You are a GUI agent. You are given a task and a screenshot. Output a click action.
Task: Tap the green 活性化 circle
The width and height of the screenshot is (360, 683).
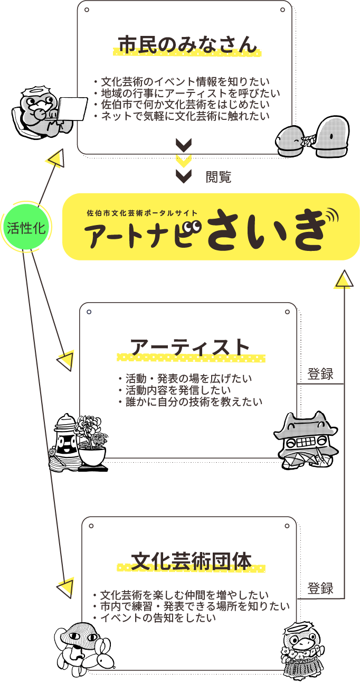26,228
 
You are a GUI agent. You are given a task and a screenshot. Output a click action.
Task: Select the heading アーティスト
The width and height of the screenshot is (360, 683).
190,348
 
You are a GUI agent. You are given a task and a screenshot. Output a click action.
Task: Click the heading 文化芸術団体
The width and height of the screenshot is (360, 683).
191,561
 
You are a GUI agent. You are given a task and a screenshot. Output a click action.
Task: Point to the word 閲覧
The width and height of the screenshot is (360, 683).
219,177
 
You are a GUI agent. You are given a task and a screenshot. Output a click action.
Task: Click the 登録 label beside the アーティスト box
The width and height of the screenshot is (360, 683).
320,375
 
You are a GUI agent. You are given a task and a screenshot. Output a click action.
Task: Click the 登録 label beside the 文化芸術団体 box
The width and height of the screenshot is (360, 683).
320,588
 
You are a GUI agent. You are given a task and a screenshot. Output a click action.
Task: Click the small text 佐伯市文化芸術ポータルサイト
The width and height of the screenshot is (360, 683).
143,213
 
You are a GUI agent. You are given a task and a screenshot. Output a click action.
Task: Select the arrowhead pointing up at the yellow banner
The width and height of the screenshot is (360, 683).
344,279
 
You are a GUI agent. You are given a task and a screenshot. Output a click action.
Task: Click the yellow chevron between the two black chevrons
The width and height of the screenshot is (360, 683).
184,160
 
